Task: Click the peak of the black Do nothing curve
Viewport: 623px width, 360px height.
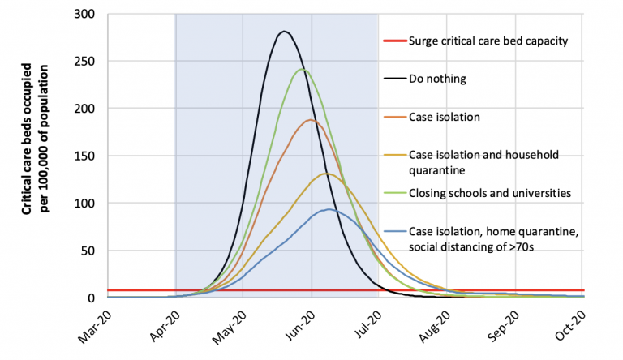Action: coord(284,32)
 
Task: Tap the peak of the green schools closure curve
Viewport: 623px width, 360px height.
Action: coord(303,69)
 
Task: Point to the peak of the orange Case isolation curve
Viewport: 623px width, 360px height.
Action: coord(311,120)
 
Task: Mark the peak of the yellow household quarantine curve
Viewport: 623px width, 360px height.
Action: coord(326,173)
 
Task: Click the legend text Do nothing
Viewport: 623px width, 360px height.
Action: coord(439,79)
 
